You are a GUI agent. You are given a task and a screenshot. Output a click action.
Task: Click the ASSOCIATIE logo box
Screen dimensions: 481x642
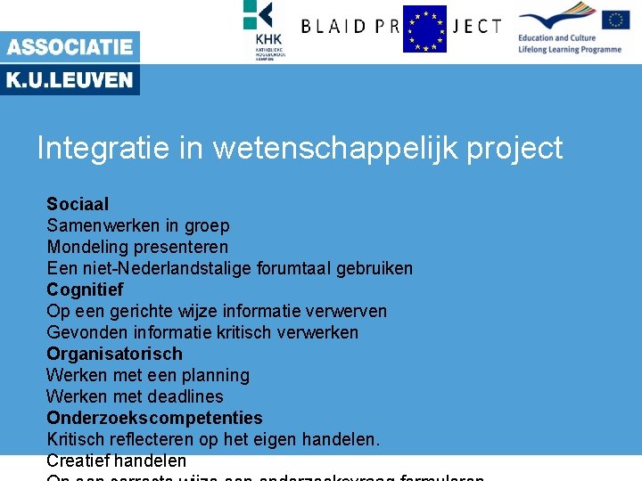[x=70, y=47]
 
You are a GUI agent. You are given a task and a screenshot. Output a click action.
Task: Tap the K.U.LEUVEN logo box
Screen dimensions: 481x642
[x=70, y=80]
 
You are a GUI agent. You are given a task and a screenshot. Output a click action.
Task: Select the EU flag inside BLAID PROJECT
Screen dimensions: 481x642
[x=424, y=29]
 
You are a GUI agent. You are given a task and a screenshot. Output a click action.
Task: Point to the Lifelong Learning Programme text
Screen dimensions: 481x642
[x=569, y=49]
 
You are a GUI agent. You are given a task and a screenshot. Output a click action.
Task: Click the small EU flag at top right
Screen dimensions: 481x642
[x=615, y=20]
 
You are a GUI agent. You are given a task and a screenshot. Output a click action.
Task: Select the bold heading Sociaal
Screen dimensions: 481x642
[x=78, y=204]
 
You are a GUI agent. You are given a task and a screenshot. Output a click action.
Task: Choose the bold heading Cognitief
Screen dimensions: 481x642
[x=85, y=289]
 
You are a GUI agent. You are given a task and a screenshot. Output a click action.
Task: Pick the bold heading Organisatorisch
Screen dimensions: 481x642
[x=114, y=354]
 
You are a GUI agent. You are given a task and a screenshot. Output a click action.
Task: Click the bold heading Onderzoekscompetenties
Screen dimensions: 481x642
[x=154, y=418]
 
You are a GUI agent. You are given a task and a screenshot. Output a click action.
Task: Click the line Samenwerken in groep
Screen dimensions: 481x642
[x=138, y=225]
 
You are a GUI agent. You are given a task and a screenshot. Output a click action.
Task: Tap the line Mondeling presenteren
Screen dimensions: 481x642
[x=137, y=247]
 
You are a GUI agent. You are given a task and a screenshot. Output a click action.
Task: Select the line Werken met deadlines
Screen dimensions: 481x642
[x=135, y=396]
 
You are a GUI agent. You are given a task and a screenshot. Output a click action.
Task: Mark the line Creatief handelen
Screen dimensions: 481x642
[x=116, y=461]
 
